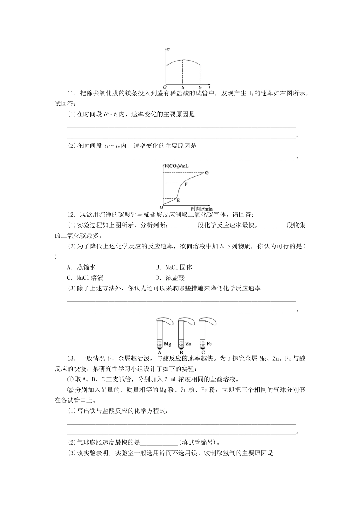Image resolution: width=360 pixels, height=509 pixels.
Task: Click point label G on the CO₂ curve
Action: [207, 173]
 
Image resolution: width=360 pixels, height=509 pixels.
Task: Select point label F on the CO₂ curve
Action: [186, 184]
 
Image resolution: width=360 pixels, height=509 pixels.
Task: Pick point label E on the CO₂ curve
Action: [178, 200]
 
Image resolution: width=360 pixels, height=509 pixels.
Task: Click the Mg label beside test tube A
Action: [168, 344]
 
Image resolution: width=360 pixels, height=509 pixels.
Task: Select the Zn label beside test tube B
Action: [189, 344]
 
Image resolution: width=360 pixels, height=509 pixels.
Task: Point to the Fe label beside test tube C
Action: [209, 344]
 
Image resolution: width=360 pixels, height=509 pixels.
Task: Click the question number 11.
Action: [71, 94]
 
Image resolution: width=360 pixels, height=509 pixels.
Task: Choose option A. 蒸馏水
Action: [81, 267]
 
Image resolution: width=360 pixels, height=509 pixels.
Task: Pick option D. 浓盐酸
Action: [170, 278]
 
